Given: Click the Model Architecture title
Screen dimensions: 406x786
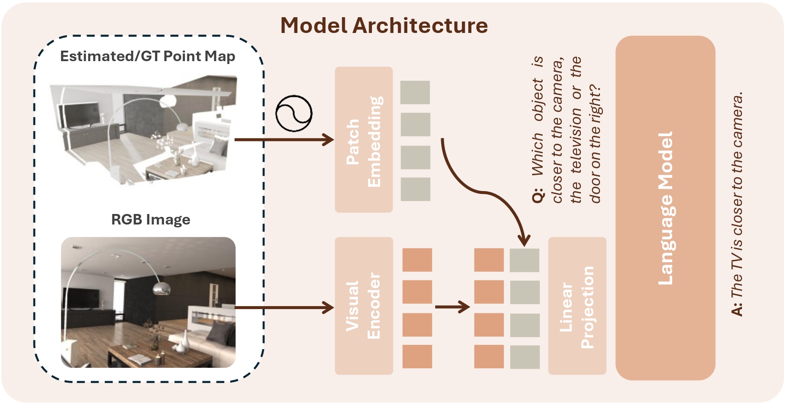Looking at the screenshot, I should pos(384,25).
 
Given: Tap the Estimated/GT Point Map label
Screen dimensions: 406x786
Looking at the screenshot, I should pos(148,56).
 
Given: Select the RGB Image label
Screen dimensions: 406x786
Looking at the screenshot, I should pos(151,220).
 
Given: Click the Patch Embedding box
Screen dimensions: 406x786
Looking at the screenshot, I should pos(363,140).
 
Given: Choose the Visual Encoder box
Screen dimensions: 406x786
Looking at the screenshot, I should pos(363,306).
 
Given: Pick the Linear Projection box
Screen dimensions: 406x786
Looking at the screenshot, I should pos(577,306).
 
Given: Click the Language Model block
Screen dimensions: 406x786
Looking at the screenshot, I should pos(665,208).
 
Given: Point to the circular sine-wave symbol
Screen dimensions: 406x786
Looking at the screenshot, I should pos(294,114).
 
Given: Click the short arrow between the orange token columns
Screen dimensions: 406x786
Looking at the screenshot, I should pos(452,307).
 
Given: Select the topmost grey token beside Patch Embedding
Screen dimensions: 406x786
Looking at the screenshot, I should pos(415,92).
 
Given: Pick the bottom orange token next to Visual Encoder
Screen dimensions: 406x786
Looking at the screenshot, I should pos(417,356).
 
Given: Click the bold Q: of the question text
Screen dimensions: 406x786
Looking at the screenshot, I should pos(538,196).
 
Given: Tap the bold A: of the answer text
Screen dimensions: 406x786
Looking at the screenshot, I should pos(738,309).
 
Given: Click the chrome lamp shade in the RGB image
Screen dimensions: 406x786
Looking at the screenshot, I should pos(161,288).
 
